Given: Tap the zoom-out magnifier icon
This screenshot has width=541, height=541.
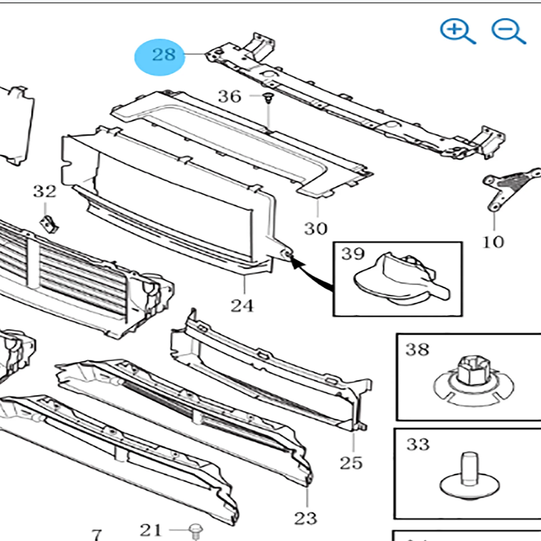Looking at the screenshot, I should [508, 31].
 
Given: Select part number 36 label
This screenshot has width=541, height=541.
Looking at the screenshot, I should [230, 97].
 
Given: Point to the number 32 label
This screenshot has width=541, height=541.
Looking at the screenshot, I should [45, 191].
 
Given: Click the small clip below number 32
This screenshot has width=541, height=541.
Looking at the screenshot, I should [49, 224].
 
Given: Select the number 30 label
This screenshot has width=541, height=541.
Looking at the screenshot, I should [315, 229].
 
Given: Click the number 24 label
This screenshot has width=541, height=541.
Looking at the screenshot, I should [242, 306].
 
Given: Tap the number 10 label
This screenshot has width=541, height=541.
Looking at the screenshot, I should [493, 242].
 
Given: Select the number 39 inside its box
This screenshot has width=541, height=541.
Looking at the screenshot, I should [353, 254].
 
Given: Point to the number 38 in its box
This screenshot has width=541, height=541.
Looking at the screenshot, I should [417, 350].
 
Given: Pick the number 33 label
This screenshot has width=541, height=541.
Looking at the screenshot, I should [418, 444].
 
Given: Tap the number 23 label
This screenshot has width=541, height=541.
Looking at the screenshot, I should [305, 518].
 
